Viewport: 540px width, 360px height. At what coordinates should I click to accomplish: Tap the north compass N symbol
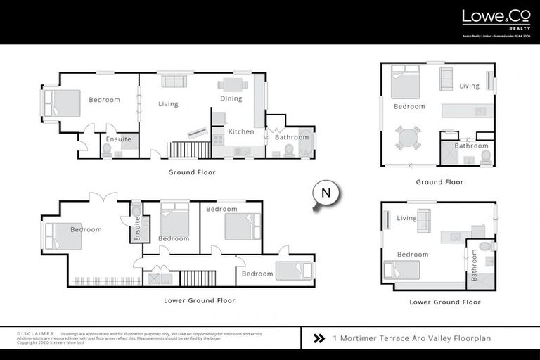pos(325,193)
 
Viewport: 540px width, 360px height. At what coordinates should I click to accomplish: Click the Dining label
pos(231,99)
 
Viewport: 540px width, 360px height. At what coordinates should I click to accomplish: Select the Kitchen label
pos(241,132)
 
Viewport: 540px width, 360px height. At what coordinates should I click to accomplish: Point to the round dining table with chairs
pos(409,137)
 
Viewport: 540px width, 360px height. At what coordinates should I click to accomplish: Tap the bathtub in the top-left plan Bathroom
pos(307,137)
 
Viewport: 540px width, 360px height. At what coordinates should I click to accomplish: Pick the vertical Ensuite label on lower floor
pos(137,229)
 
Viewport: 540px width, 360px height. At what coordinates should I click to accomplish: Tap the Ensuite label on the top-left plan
pos(118,139)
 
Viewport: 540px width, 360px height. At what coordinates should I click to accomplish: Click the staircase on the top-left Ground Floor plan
pos(188,149)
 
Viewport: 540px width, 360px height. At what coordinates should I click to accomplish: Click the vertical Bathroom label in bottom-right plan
pos(474,266)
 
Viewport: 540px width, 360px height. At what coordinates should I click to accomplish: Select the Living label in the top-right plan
pos(470,86)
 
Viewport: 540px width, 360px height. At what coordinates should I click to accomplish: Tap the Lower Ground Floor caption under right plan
pos(445,302)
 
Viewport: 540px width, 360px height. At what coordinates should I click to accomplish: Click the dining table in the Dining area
pos(232,85)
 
